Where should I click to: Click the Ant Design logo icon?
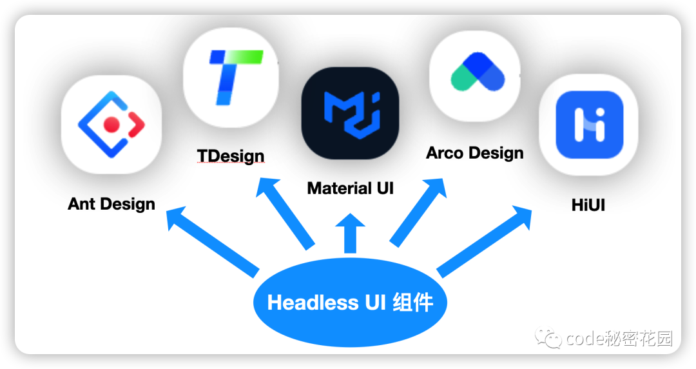coord(111,125)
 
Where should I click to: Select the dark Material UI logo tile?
coord(350,114)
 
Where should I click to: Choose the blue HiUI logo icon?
coord(589,125)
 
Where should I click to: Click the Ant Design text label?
coord(111,204)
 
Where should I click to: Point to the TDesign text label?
coord(231,155)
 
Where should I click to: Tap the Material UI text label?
coord(350,188)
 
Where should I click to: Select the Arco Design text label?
coord(475,154)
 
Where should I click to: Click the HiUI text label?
coord(588,205)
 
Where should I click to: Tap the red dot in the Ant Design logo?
coord(111,125)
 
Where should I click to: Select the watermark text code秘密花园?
coord(619,338)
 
